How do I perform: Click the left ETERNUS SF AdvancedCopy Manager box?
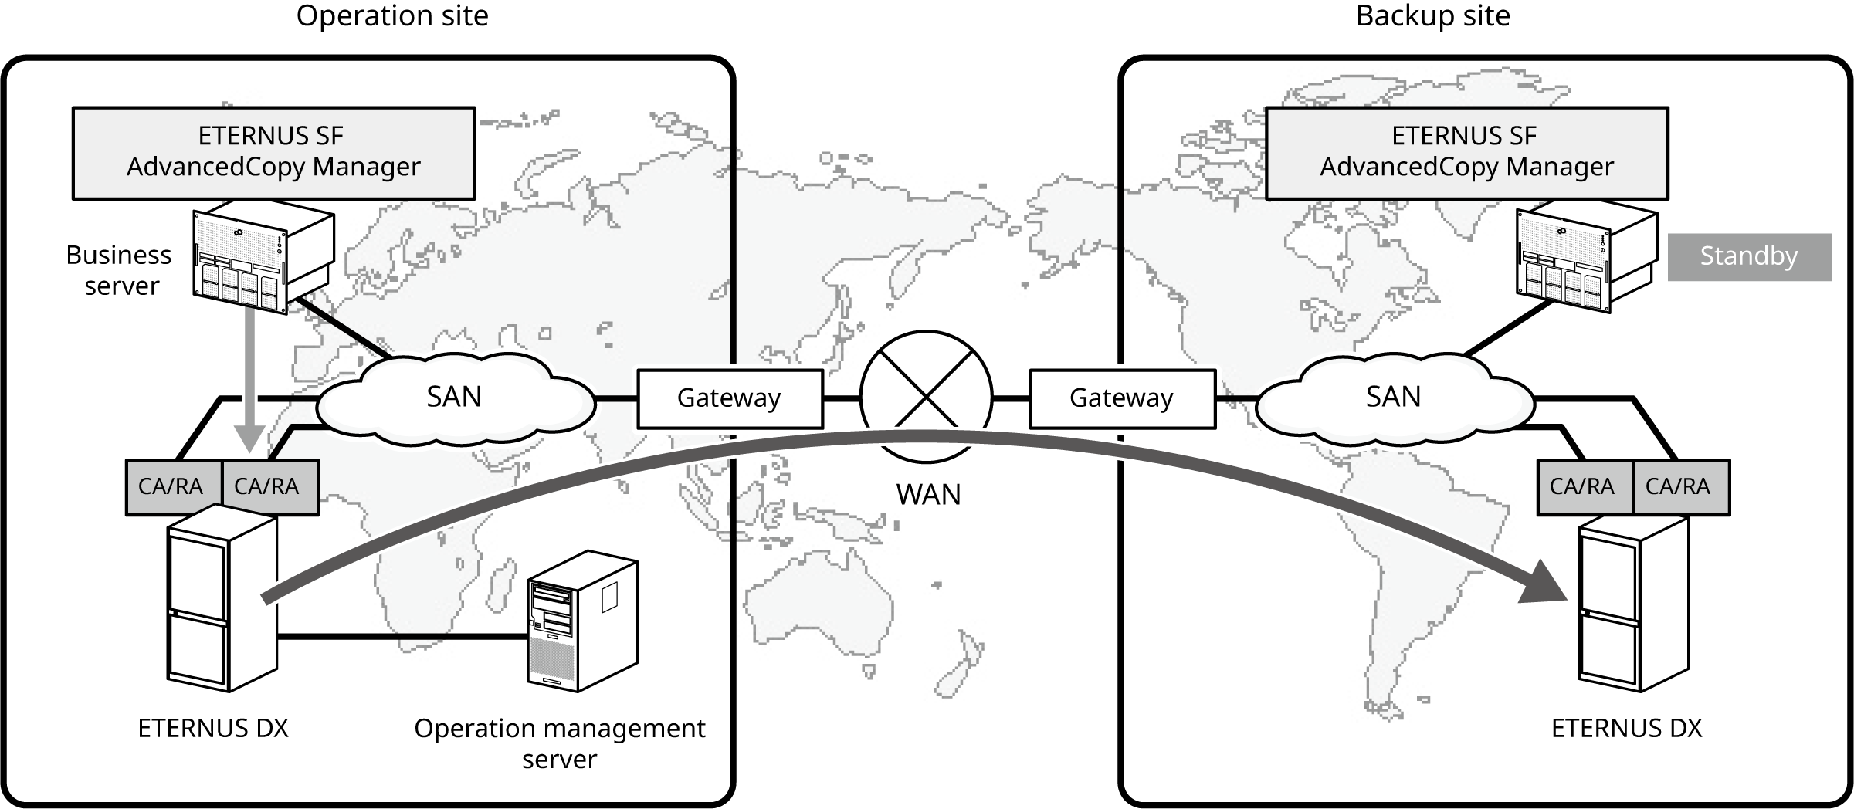pos(274,152)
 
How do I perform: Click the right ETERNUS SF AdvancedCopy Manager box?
pos(1466,153)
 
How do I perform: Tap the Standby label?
pos(1749,256)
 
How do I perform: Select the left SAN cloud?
pos(455,398)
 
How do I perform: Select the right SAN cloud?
pos(1393,398)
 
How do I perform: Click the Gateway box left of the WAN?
pos(729,398)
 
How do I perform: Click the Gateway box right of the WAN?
pos(1122,398)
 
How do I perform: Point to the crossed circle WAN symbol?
pos(926,396)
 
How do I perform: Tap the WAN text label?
pos(928,495)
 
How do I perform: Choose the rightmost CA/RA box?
pos(1679,487)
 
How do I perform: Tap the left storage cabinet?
pos(222,598)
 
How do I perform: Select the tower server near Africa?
pos(581,621)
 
